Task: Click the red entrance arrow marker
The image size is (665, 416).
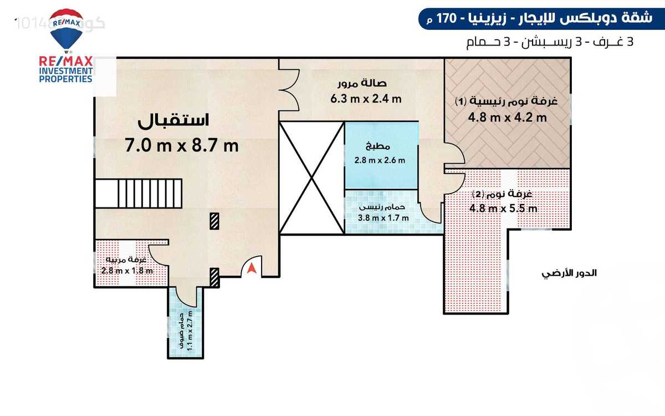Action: (x=252, y=268)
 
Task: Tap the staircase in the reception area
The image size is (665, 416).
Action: (x=138, y=192)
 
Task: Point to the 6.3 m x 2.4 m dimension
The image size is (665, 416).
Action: (x=366, y=99)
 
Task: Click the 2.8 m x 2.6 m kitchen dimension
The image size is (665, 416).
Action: (x=380, y=161)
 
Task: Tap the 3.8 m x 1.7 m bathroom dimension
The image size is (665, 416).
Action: (x=383, y=217)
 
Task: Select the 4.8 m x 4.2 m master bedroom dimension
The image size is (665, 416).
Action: (x=508, y=118)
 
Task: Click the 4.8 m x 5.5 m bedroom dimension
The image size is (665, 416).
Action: (x=503, y=209)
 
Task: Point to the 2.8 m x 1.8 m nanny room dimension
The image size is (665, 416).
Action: (x=127, y=271)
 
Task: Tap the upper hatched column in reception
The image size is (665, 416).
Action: (x=213, y=221)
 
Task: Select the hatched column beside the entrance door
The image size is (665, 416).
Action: (x=215, y=277)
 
